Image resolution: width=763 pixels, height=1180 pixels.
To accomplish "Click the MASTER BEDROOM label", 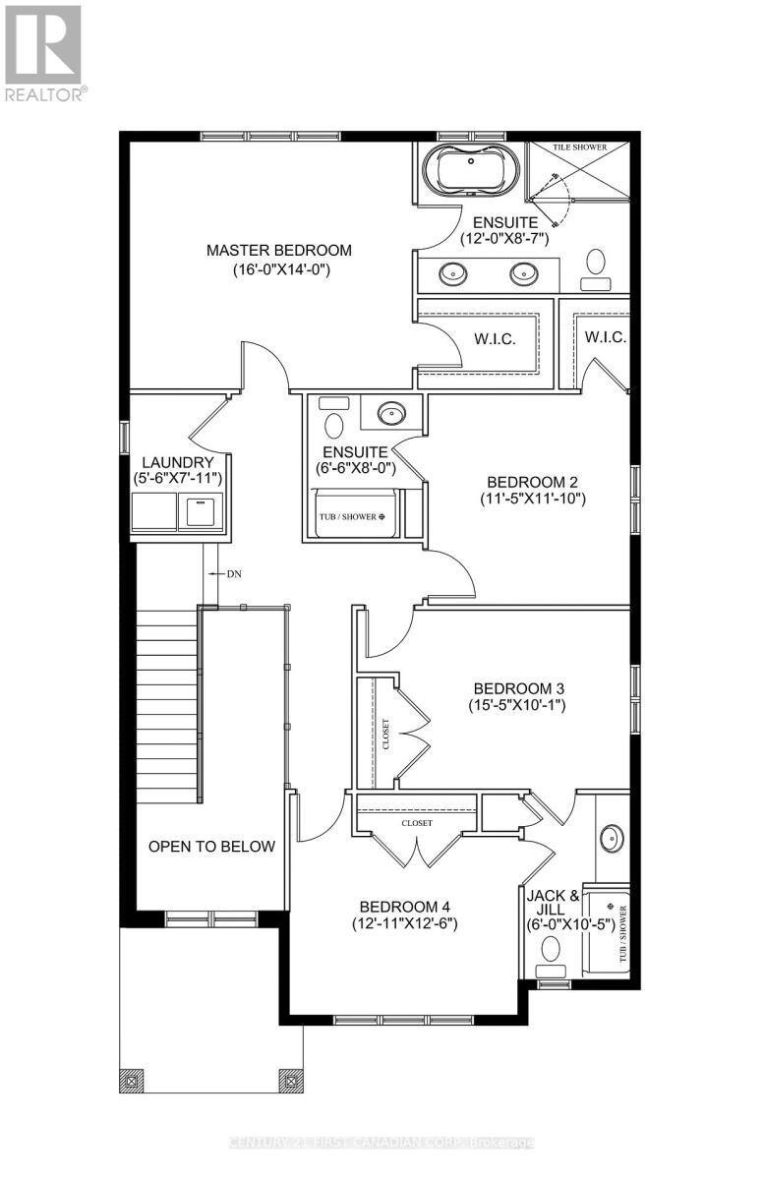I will (278, 251).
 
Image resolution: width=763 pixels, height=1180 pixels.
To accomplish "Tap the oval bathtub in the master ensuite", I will (469, 170).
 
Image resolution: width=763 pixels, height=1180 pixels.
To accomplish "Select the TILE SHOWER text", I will (579, 147).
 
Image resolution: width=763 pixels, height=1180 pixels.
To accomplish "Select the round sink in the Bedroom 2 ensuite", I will (391, 414).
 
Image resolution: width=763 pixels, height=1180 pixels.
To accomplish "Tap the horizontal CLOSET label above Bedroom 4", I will (417, 823).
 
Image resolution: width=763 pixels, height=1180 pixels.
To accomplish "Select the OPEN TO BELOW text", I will (211, 847).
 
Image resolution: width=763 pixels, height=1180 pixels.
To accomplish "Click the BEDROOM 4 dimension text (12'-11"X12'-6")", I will (405, 923).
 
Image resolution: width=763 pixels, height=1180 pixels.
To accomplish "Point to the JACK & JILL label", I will (553, 896).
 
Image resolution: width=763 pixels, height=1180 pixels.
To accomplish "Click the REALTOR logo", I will (43, 50).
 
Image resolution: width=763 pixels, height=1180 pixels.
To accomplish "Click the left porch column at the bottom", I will (131, 1080).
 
